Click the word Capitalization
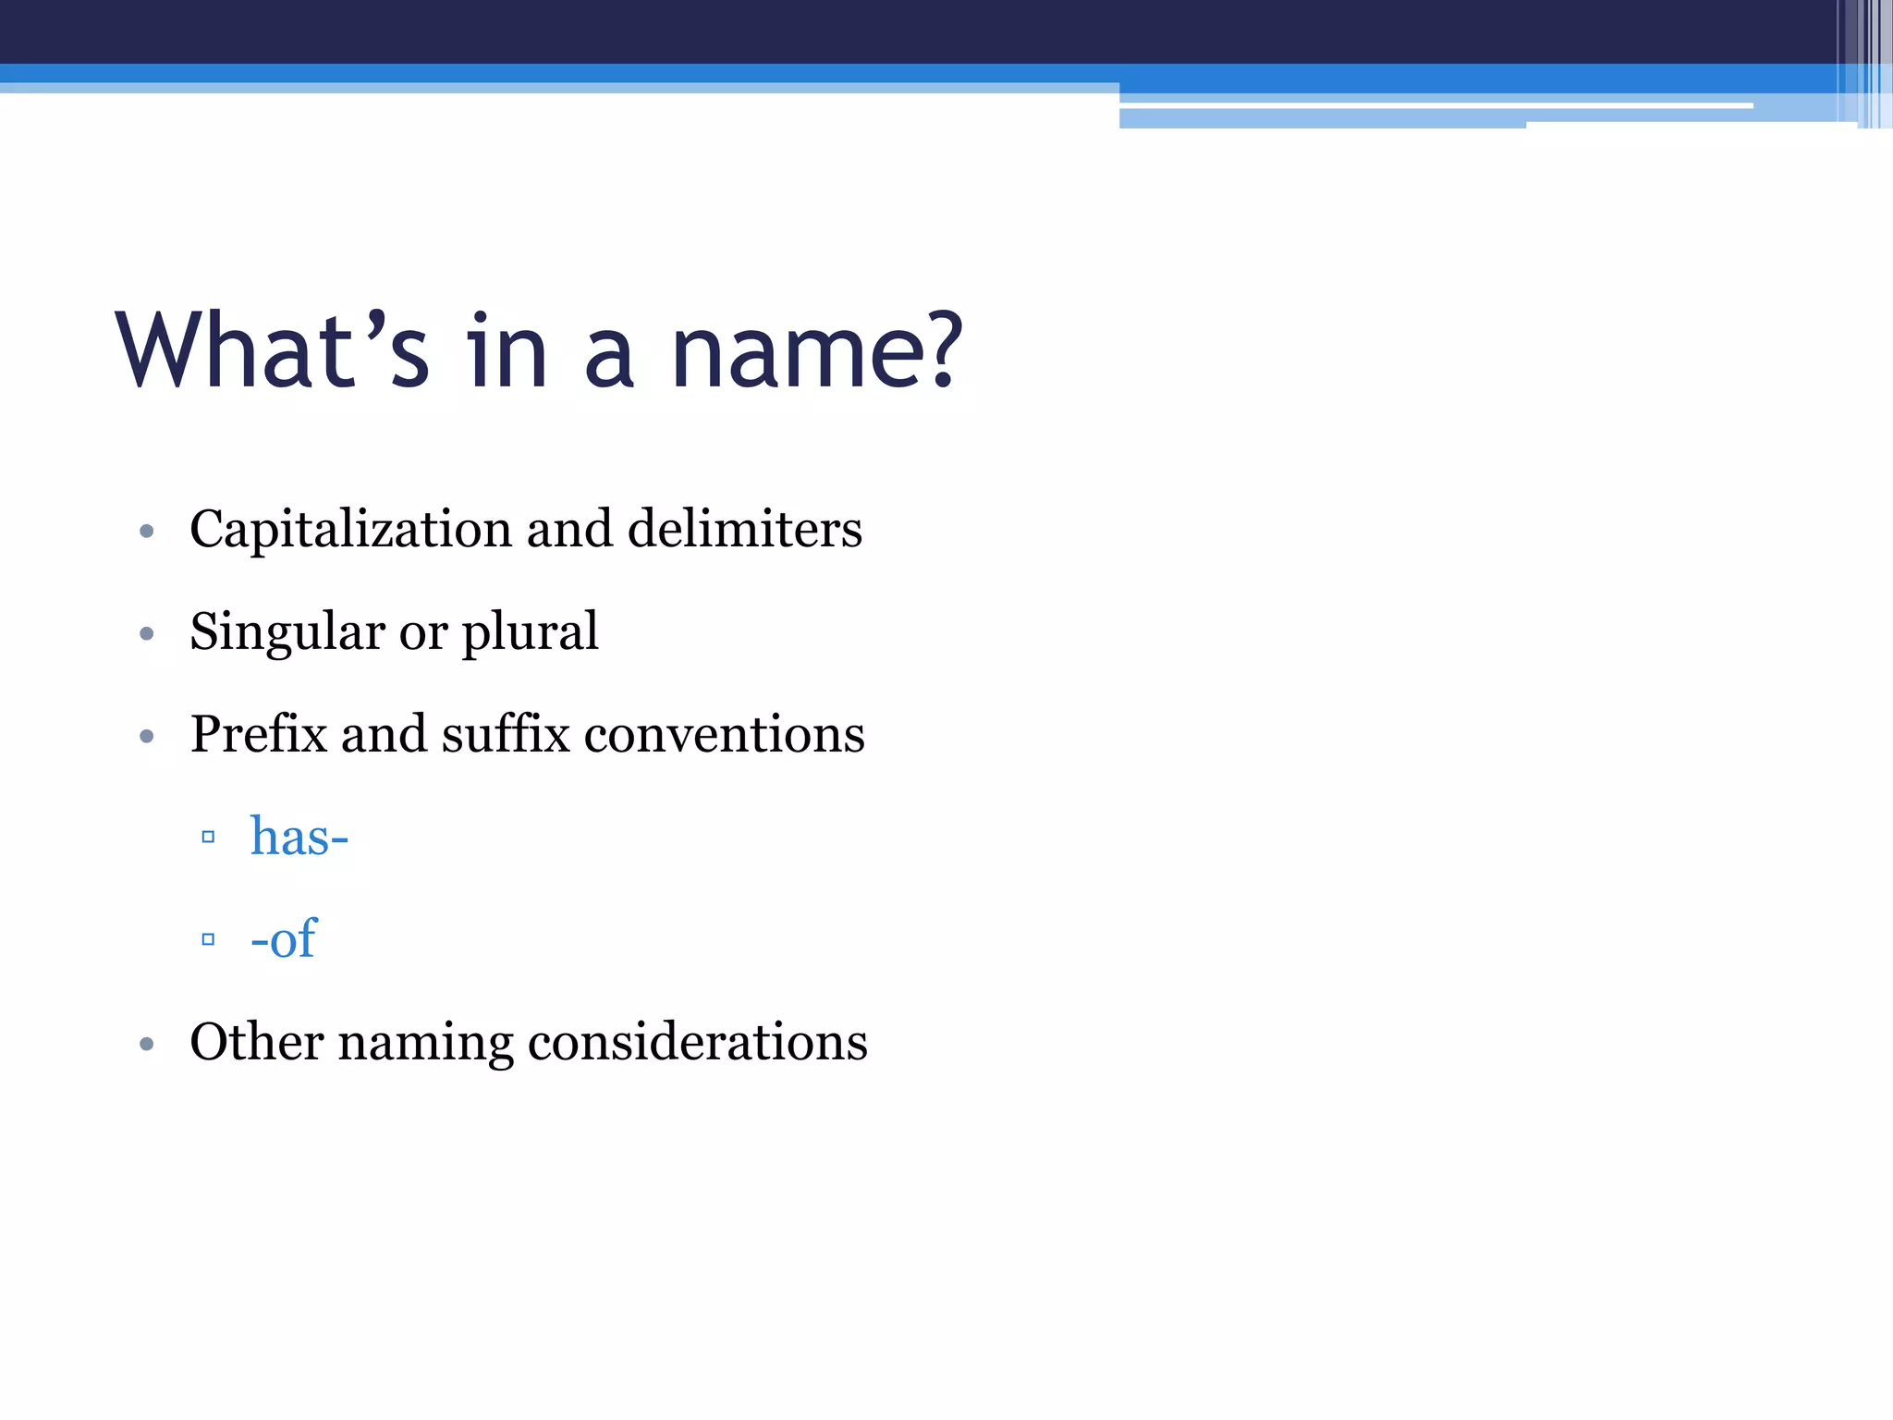coord(350,530)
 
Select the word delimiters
coord(744,530)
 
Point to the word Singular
coord(287,632)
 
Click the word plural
coord(530,632)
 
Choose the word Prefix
coord(258,735)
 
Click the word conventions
coord(724,735)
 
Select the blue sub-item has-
coord(299,838)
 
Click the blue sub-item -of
coord(284,940)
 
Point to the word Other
coord(256,1043)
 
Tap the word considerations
coord(697,1043)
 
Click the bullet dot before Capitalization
coord(146,532)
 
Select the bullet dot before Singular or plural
coord(146,634)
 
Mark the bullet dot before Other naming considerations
coord(146,1045)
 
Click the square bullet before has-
coord(208,838)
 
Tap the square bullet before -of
coord(208,940)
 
